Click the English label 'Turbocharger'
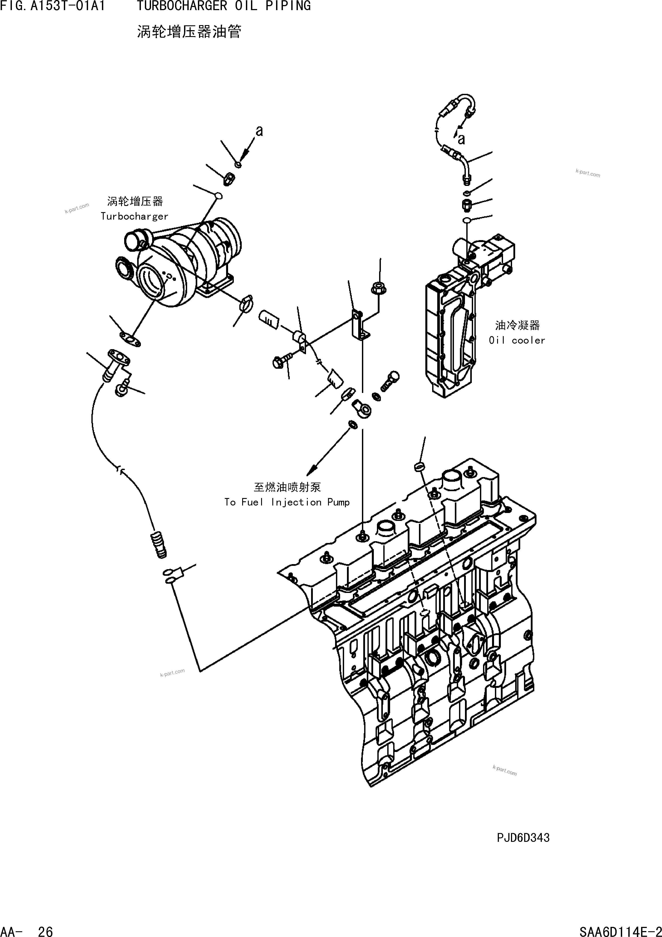coord(134,216)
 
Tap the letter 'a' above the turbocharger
coord(259,131)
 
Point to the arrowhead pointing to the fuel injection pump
coord(313,468)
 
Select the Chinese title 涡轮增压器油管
coord(189,31)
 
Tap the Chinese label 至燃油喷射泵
coord(287,487)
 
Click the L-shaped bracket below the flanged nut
coord(360,324)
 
